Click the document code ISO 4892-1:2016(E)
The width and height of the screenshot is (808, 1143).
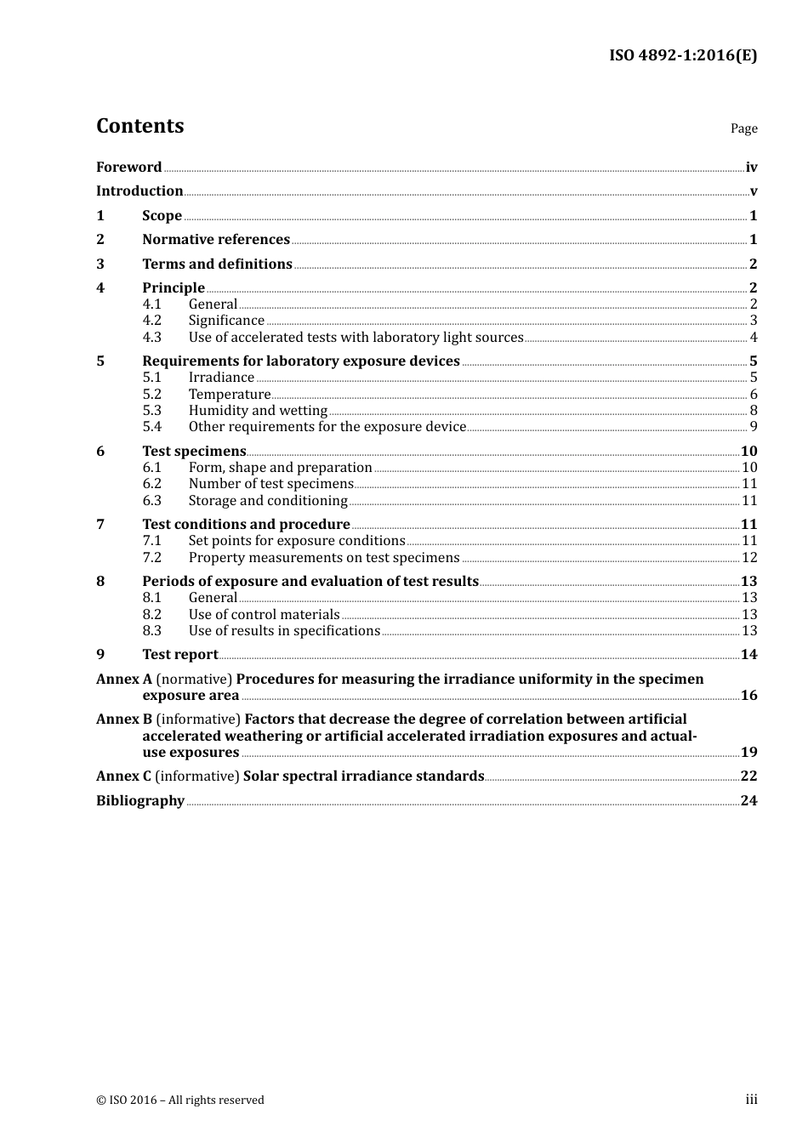[x=683, y=55]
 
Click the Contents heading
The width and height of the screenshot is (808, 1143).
[x=139, y=126]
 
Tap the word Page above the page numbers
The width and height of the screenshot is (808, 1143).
[x=743, y=128]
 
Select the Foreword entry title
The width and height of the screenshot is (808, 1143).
[x=128, y=167]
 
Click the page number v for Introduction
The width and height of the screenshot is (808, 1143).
[x=753, y=191]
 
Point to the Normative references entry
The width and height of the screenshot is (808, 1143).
[x=216, y=240]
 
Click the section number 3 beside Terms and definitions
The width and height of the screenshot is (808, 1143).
[x=100, y=264]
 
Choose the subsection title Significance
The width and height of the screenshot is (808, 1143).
[x=226, y=321]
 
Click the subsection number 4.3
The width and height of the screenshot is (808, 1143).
[x=151, y=337]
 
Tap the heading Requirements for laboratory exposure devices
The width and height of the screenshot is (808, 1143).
[x=301, y=361]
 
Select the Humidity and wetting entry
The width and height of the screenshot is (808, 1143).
[x=258, y=410]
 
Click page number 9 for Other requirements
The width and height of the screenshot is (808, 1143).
[x=753, y=427]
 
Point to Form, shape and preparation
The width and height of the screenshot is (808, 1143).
[x=280, y=468]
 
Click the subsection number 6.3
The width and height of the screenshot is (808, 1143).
[x=151, y=500]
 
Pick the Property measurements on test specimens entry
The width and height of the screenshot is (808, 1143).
[x=323, y=558]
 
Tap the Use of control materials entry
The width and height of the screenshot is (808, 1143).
[x=264, y=614]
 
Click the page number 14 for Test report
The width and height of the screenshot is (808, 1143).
[x=748, y=654]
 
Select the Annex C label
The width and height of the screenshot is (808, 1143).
[x=123, y=776]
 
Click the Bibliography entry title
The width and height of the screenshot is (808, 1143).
[x=140, y=800]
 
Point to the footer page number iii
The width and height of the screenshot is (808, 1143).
[x=751, y=1100]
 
